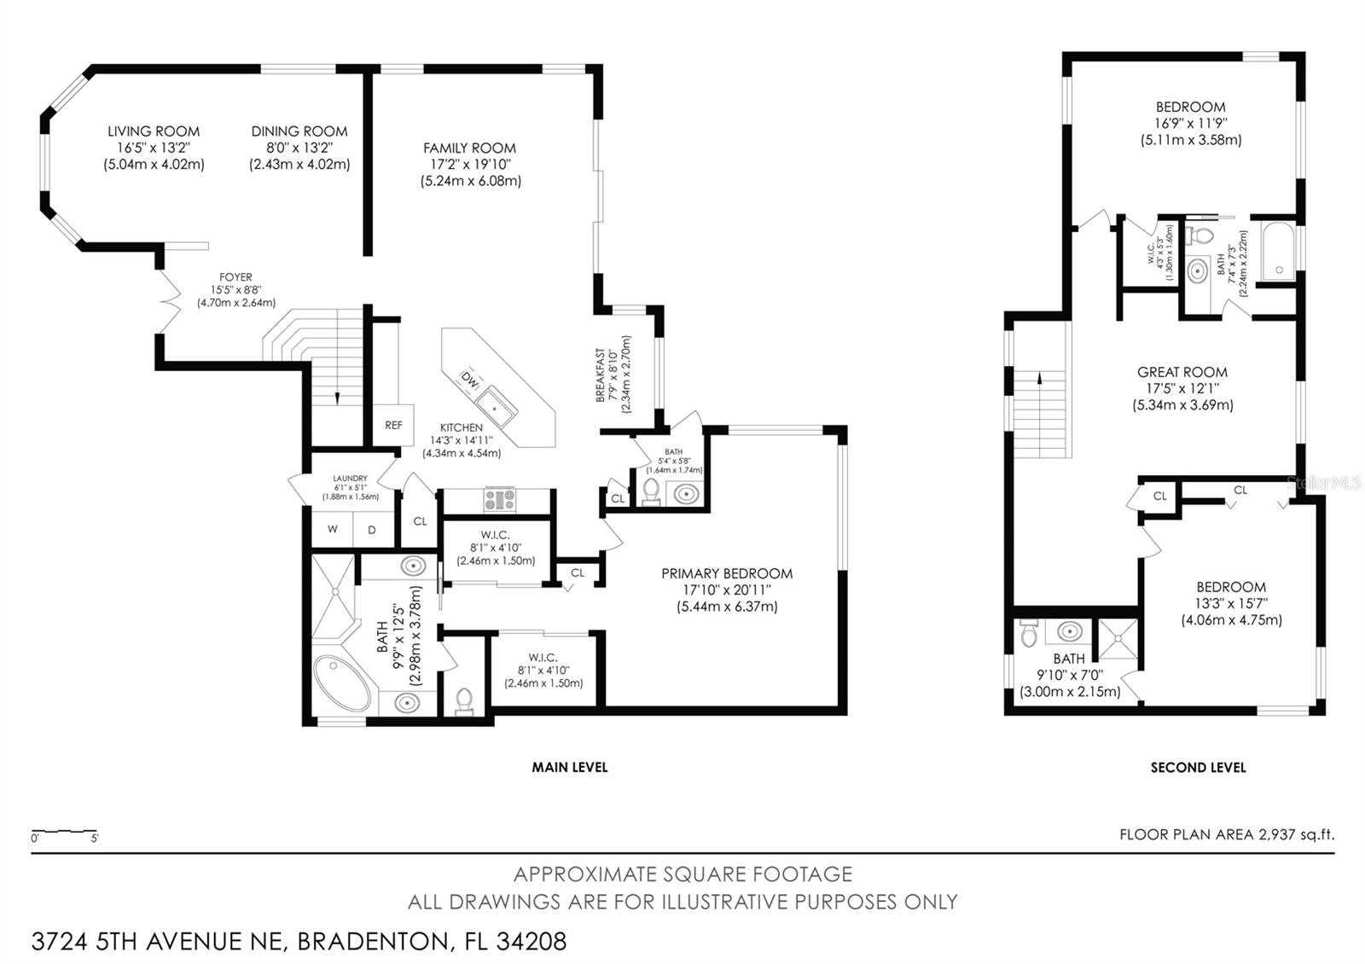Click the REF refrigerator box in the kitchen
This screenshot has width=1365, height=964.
point(393,425)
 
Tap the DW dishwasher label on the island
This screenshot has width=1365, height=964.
point(470,379)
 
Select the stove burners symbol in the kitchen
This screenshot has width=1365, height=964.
point(500,499)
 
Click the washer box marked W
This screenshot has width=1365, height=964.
point(332,529)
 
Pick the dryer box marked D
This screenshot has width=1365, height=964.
point(372,530)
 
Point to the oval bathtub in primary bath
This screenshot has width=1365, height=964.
point(342,682)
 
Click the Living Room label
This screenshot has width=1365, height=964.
point(154,131)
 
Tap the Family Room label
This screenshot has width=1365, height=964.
point(470,148)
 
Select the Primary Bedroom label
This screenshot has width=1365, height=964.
point(727,573)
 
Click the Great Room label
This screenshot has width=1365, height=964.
point(1182,372)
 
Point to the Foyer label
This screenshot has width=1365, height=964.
point(235,277)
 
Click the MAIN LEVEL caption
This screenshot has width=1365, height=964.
point(570,767)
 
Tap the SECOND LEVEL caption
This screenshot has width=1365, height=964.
point(1198,768)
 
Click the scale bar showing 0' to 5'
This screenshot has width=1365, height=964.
point(64,832)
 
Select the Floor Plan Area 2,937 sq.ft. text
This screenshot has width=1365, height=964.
point(1227,834)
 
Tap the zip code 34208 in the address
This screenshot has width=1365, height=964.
point(531,942)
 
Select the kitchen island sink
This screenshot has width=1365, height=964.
point(497,407)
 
